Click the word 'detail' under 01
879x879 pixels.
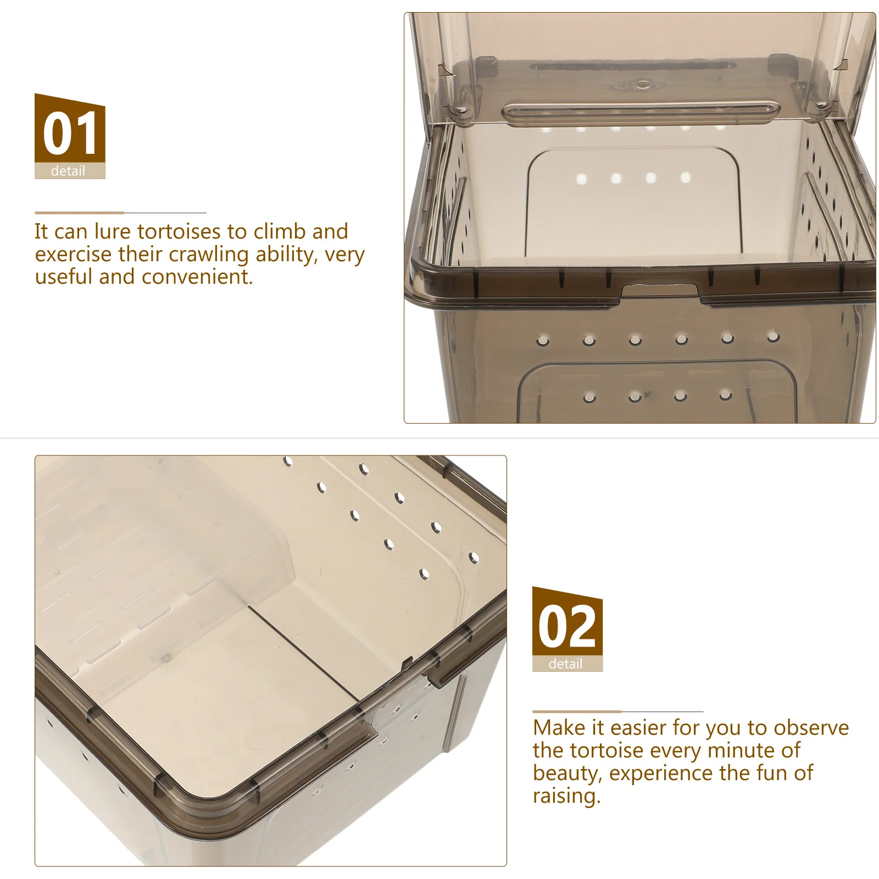coord(68,171)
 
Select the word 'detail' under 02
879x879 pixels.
coord(565,664)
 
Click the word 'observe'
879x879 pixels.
coord(811,728)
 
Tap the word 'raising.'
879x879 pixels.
coord(567,796)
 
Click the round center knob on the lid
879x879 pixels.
coord(641,84)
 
